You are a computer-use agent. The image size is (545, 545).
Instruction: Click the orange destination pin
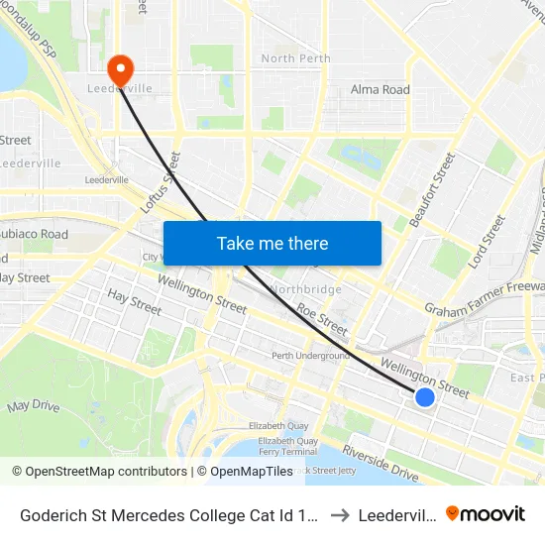tap(120, 69)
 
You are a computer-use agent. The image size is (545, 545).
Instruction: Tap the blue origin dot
tap(424, 396)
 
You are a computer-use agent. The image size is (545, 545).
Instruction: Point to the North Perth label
tap(295, 58)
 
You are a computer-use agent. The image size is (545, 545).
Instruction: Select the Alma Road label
tap(381, 89)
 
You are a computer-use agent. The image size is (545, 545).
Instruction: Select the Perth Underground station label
tap(311, 356)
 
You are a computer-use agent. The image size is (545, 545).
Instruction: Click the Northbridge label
tap(305, 289)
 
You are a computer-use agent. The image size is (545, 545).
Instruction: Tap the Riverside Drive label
tap(381, 463)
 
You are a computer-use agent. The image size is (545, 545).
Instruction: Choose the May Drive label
tap(34, 406)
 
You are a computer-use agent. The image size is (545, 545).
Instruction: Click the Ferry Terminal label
tap(286, 452)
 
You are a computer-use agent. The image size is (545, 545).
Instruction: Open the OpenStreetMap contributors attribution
tap(100, 472)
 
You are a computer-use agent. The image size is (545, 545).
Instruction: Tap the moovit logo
tap(486, 513)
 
